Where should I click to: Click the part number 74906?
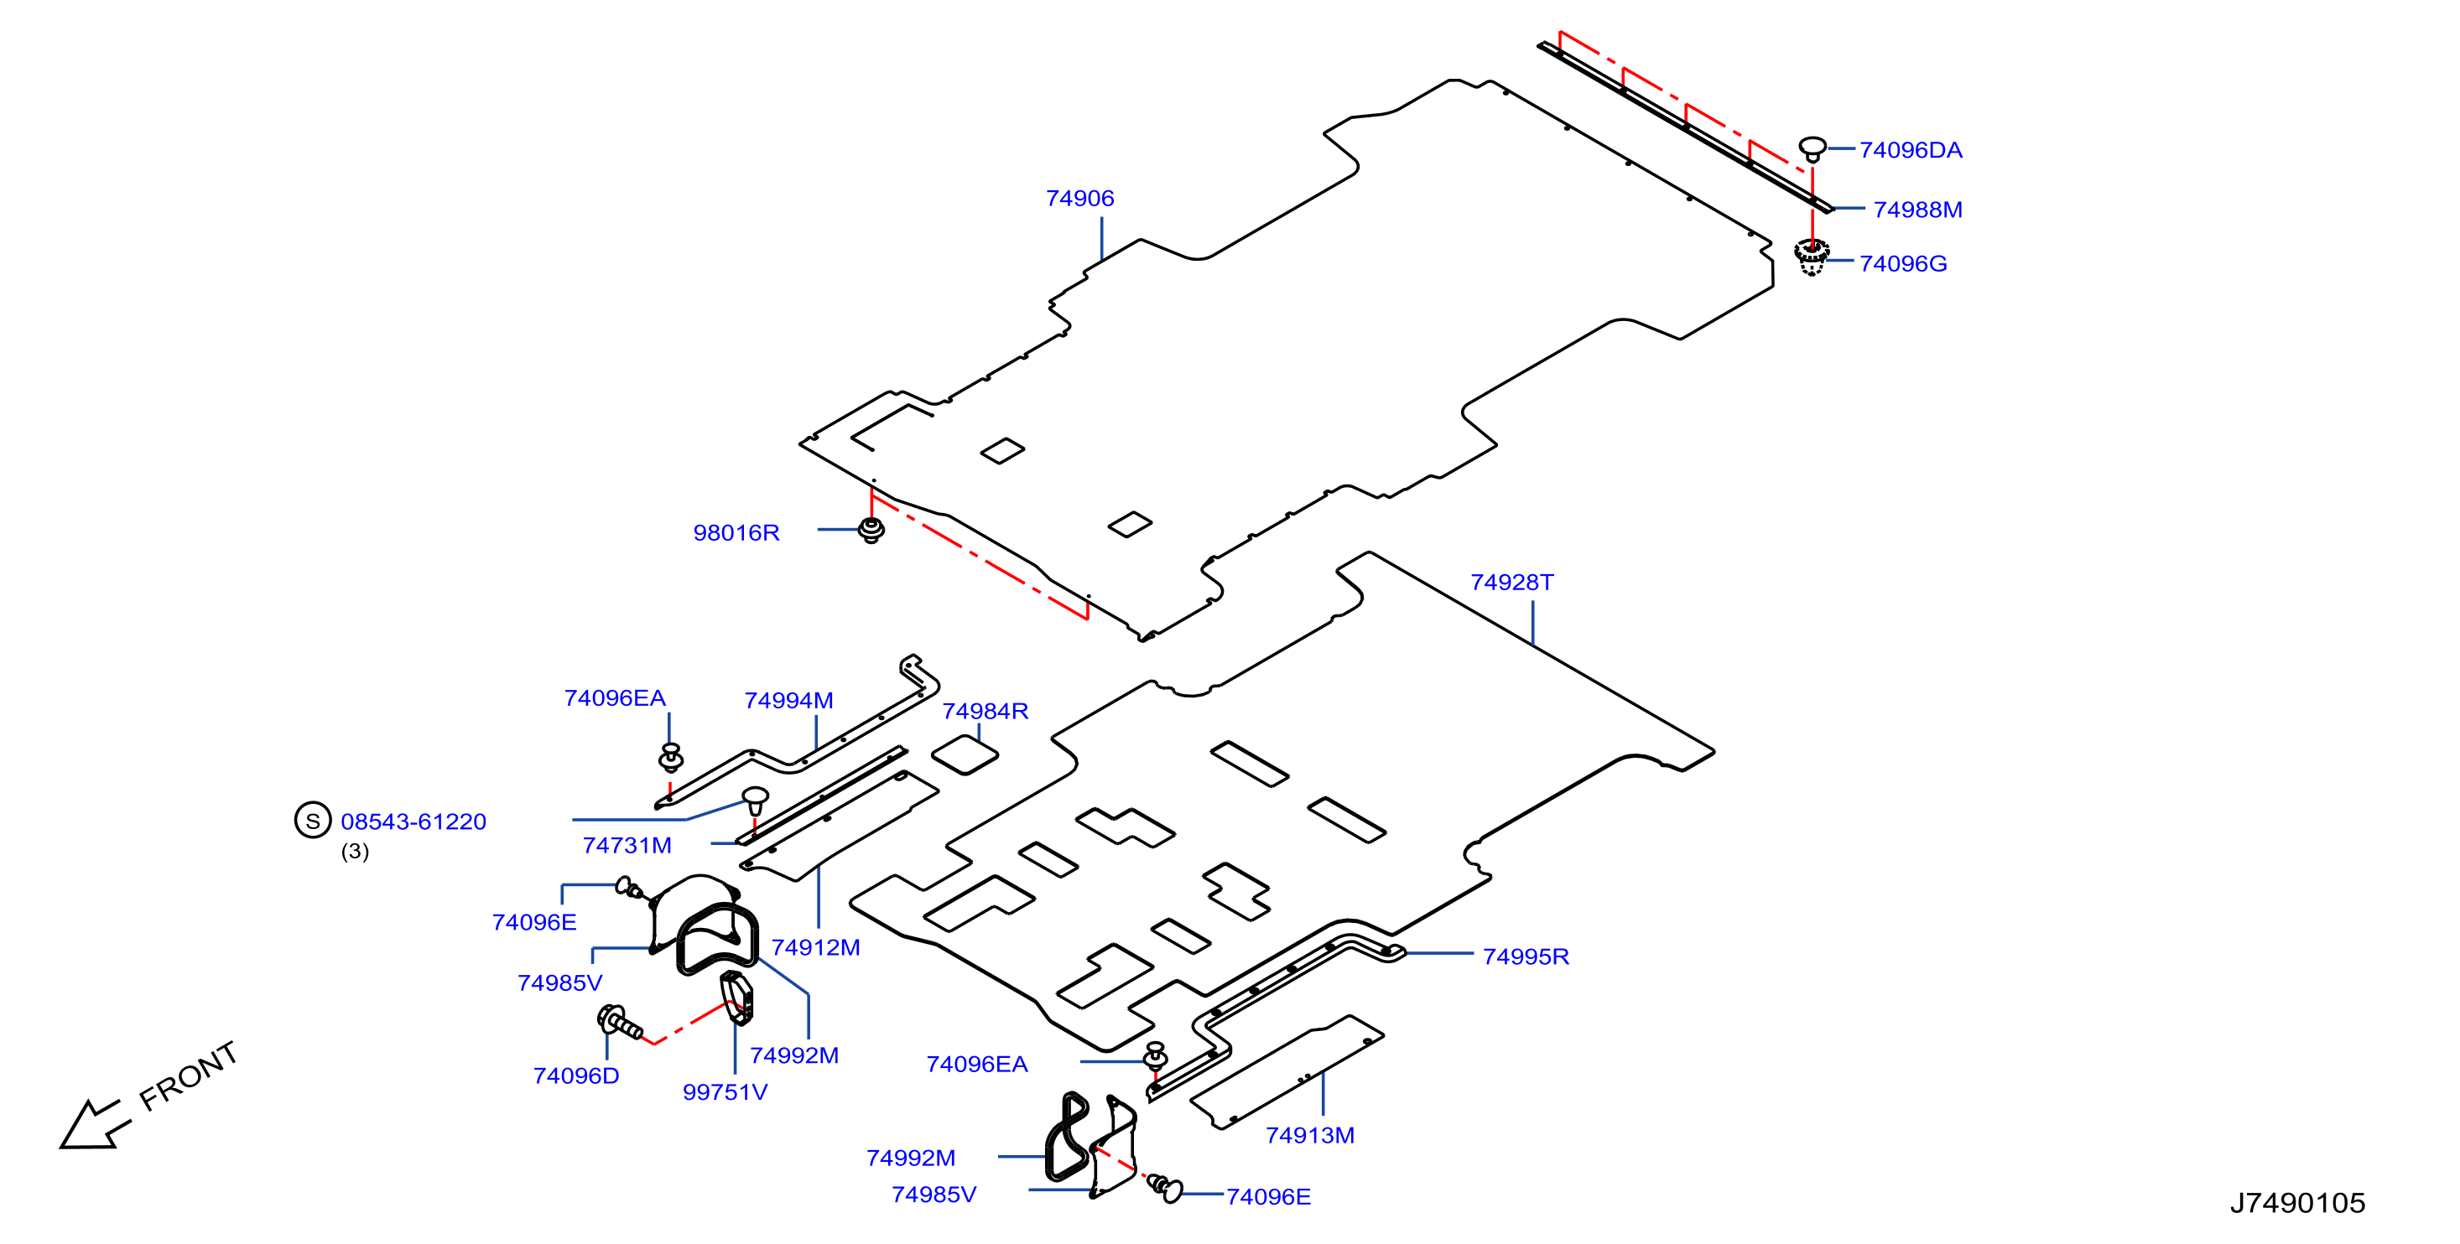(1079, 199)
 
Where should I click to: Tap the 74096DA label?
(1910, 150)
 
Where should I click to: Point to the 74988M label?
(1917, 210)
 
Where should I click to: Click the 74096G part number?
(1902, 263)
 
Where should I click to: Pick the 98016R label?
(736, 533)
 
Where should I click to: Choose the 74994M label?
(788, 701)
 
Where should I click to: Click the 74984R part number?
(985, 711)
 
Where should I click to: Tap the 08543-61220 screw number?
(413, 822)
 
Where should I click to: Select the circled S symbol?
(312, 820)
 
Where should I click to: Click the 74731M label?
(627, 846)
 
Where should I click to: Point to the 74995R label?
(1526, 956)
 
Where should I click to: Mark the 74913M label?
(1310, 1135)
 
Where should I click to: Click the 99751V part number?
(725, 1092)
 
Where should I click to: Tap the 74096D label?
(576, 1076)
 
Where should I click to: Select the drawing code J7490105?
(2297, 1203)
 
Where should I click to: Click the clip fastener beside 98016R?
(871, 530)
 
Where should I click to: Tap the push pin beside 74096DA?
(1812, 149)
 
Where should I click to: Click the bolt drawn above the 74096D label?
(620, 1023)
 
